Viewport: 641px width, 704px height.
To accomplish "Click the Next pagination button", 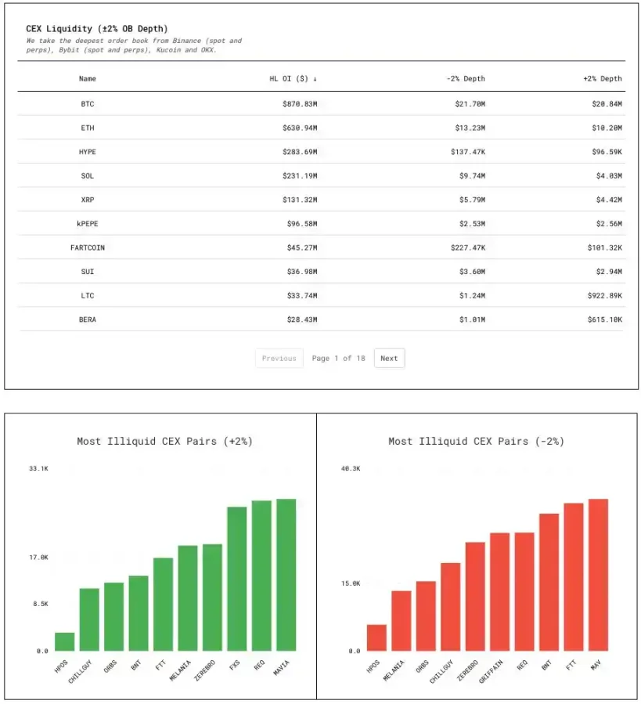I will pyautogui.click(x=389, y=359).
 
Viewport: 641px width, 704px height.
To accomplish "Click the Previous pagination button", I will pyautogui.click(x=279, y=359).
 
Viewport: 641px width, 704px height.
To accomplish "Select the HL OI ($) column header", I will pyautogui.click(x=293, y=78).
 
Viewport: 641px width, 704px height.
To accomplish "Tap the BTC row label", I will pyautogui.click(x=87, y=104).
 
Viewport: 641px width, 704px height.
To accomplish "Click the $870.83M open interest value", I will pyautogui.click(x=299, y=104).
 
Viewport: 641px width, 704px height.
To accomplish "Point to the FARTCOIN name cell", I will pyautogui.click(x=87, y=247).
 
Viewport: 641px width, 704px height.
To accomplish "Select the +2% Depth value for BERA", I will pyautogui.click(x=604, y=320).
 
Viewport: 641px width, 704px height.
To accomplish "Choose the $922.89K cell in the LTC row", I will pyautogui.click(x=604, y=295).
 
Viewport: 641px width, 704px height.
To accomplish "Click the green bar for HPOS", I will pyautogui.click(x=65, y=641).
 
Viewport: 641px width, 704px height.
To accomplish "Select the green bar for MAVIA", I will pyautogui.click(x=286, y=575).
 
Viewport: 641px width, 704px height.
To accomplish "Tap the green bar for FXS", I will pyautogui.click(x=237, y=579).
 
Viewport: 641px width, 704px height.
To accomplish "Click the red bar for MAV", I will pyautogui.click(x=598, y=575).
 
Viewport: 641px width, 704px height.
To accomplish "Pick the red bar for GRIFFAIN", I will pyautogui.click(x=499, y=592).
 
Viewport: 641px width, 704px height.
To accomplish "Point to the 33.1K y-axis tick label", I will pyautogui.click(x=39, y=468).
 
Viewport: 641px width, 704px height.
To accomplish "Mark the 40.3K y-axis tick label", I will pyautogui.click(x=351, y=468).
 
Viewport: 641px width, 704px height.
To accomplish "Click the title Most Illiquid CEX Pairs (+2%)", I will pyautogui.click(x=164, y=442).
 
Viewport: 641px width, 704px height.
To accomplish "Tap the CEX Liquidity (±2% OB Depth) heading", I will pyautogui.click(x=97, y=29).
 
